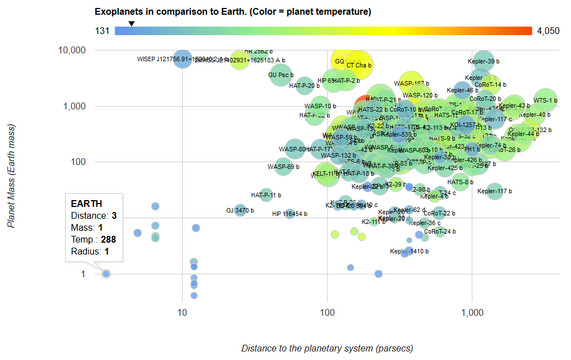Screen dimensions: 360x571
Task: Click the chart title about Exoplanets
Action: click(233, 11)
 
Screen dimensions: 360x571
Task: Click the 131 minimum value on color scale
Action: click(102, 31)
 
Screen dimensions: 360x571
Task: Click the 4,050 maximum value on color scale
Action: click(548, 31)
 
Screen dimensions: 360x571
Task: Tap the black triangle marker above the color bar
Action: click(131, 23)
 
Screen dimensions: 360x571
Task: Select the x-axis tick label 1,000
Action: click(472, 313)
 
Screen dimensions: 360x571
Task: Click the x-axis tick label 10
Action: click(182, 313)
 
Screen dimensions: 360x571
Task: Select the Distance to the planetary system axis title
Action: click(327, 348)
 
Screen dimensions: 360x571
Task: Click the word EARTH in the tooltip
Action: click(86, 204)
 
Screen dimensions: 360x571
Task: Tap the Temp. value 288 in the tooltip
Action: click(109, 240)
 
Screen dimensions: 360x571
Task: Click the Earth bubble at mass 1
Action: click(106, 274)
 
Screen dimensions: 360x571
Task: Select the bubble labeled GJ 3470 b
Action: click(240, 210)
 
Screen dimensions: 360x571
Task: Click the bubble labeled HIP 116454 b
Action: click(290, 214)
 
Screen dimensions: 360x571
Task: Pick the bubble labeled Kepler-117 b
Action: click(495, 191)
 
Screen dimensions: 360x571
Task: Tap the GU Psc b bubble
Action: click(281, 75)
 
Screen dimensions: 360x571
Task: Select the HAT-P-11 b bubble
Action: click(266, 195)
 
